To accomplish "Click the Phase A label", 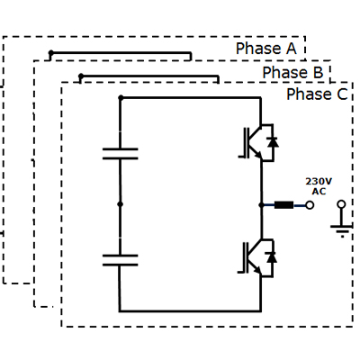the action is (x=266, y=49).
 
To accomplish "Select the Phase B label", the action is (x=292, y=73).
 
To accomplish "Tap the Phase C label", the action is (x=317, y=94).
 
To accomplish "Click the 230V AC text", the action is (x=319, y=186).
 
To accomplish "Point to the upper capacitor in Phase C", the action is (x=121, y=153).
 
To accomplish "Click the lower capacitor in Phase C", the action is (x=121, y=260).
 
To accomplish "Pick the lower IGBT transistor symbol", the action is (x=251, y=258).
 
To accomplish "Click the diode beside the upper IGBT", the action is (x=273, y=142).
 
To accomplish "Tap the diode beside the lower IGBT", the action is (x=272, y=257).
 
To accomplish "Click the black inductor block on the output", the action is (x=284, y=205).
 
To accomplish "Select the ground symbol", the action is (x=341, y=230).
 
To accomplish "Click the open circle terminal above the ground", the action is (x=341, y=204).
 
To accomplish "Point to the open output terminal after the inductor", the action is (x=310, y=205).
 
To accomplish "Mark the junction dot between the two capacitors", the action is (x=121, y=204).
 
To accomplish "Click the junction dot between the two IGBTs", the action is (x=261, y=205).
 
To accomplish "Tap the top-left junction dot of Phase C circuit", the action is (x=121, y=97).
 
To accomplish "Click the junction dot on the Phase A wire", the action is (x=51, y=53).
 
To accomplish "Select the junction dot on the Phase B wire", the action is (x=81, y=76).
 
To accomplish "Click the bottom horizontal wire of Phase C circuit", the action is (x=190, y=311).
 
